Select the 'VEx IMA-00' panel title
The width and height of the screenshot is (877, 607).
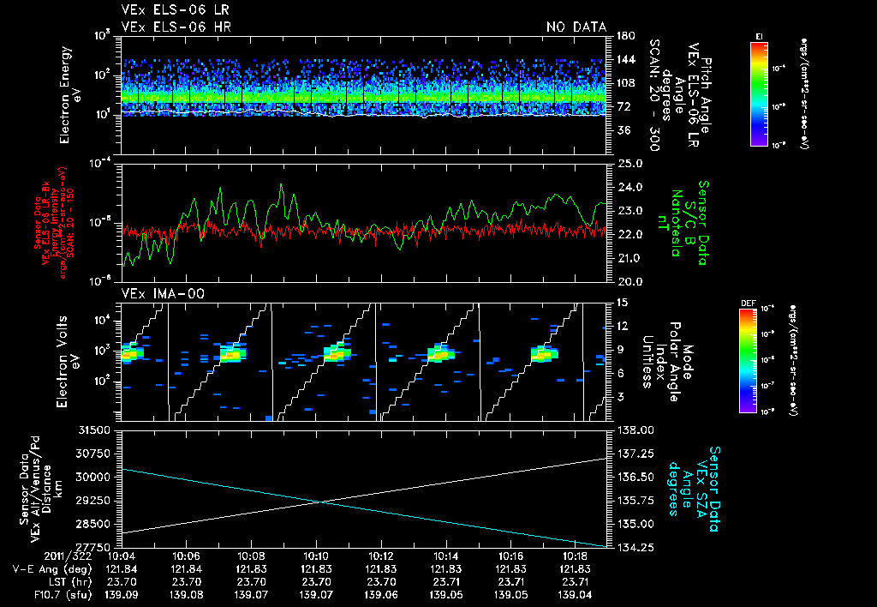(155, 293)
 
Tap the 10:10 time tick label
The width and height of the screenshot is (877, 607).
(317, 556)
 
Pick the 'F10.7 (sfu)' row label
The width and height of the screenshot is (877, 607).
(39, 593)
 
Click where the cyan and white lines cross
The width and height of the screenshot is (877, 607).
(319, 502)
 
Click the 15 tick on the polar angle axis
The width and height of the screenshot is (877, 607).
(621, 302)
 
